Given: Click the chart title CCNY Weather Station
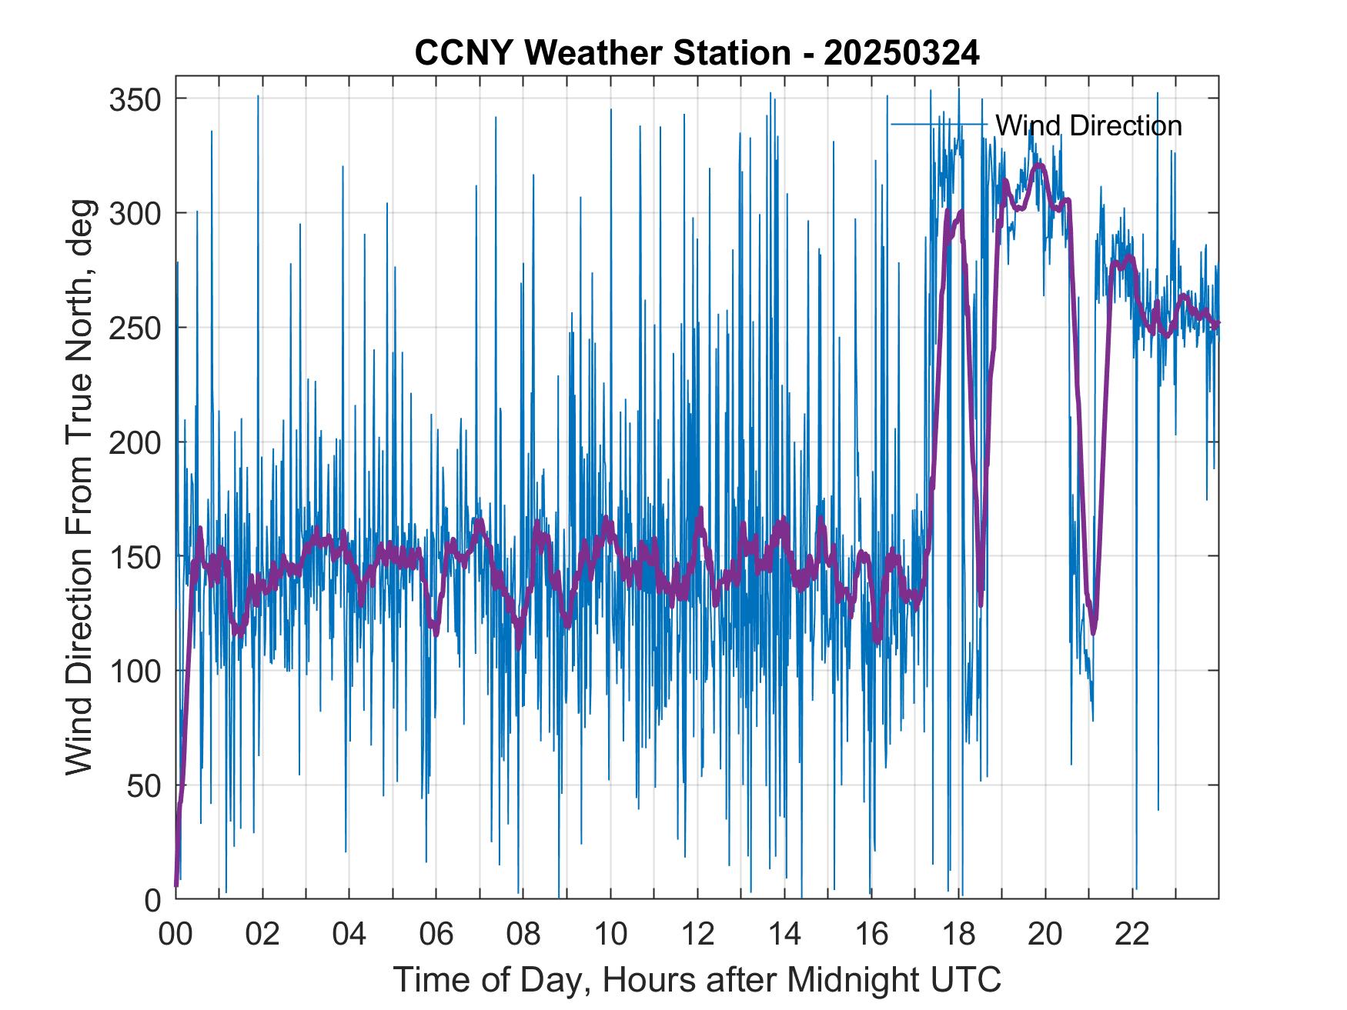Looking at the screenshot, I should pos(603,53).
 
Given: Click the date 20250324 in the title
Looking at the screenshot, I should pos(901,53).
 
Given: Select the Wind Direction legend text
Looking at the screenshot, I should pos(1088,125).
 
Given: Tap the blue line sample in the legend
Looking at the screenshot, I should pos(939,125).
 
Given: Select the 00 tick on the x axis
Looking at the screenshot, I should pos(175,934).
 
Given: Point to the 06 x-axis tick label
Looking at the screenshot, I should pos(436,934).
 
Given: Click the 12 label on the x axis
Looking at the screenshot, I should pos(697,934).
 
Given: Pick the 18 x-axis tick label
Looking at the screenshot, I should pos(958,934).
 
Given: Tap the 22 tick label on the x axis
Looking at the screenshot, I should pos(1132,934).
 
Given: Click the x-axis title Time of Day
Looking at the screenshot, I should pos(697,979).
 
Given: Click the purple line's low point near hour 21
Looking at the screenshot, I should pos(1093,632).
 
